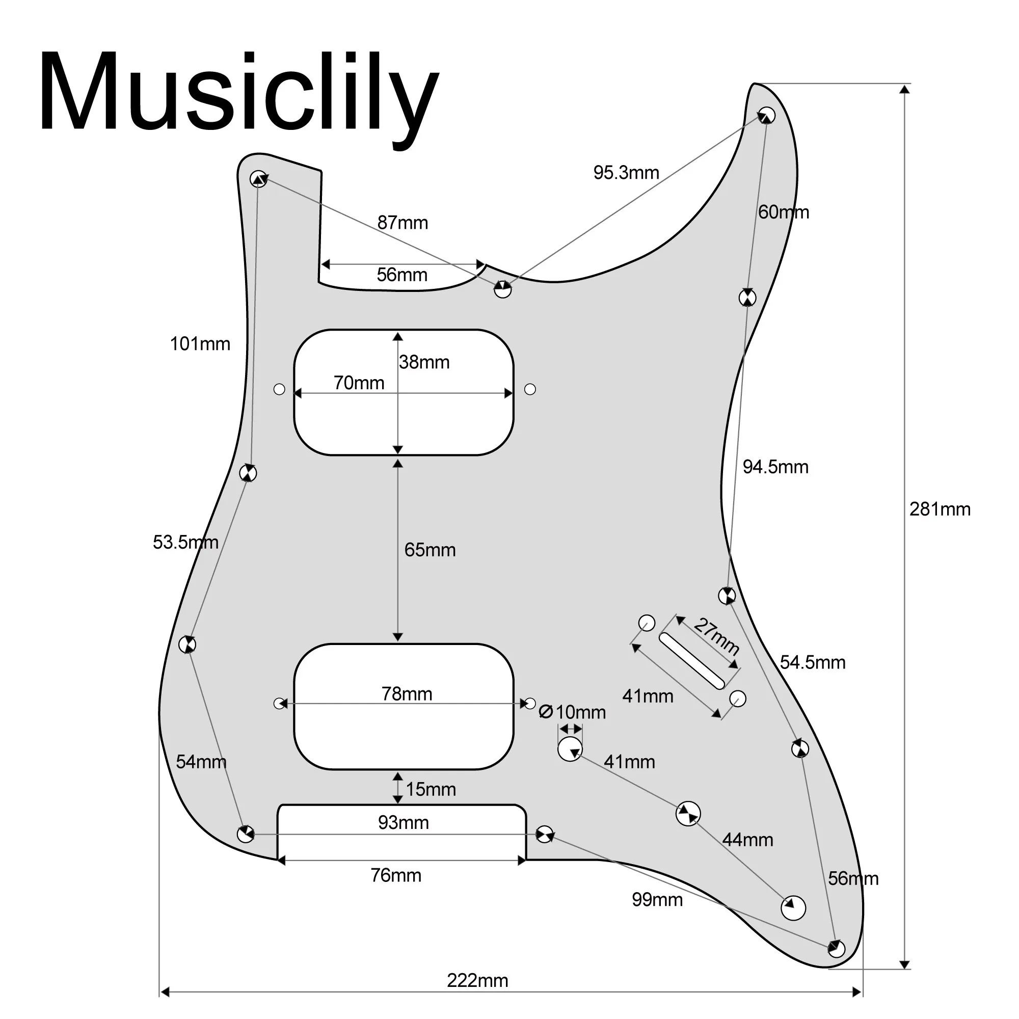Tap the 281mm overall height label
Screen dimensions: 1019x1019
940,509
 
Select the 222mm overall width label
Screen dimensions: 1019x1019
477,980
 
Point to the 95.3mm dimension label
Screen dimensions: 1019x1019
626,173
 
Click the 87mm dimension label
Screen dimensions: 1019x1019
403,223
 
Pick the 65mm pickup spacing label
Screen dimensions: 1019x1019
430,550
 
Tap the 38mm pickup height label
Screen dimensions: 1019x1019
424,362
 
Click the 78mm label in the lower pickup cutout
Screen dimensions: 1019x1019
407,694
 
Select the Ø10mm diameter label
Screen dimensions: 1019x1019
572,713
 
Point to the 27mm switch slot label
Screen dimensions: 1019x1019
716,636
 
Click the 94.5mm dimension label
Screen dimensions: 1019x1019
775,467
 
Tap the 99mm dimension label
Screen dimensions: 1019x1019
657,899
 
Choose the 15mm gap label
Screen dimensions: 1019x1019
431,790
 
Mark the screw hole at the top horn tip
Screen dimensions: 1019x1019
766,115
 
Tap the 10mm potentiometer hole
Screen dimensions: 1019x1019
570,749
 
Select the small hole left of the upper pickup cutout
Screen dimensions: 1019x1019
280,389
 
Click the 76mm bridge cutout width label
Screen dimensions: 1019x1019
395,875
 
